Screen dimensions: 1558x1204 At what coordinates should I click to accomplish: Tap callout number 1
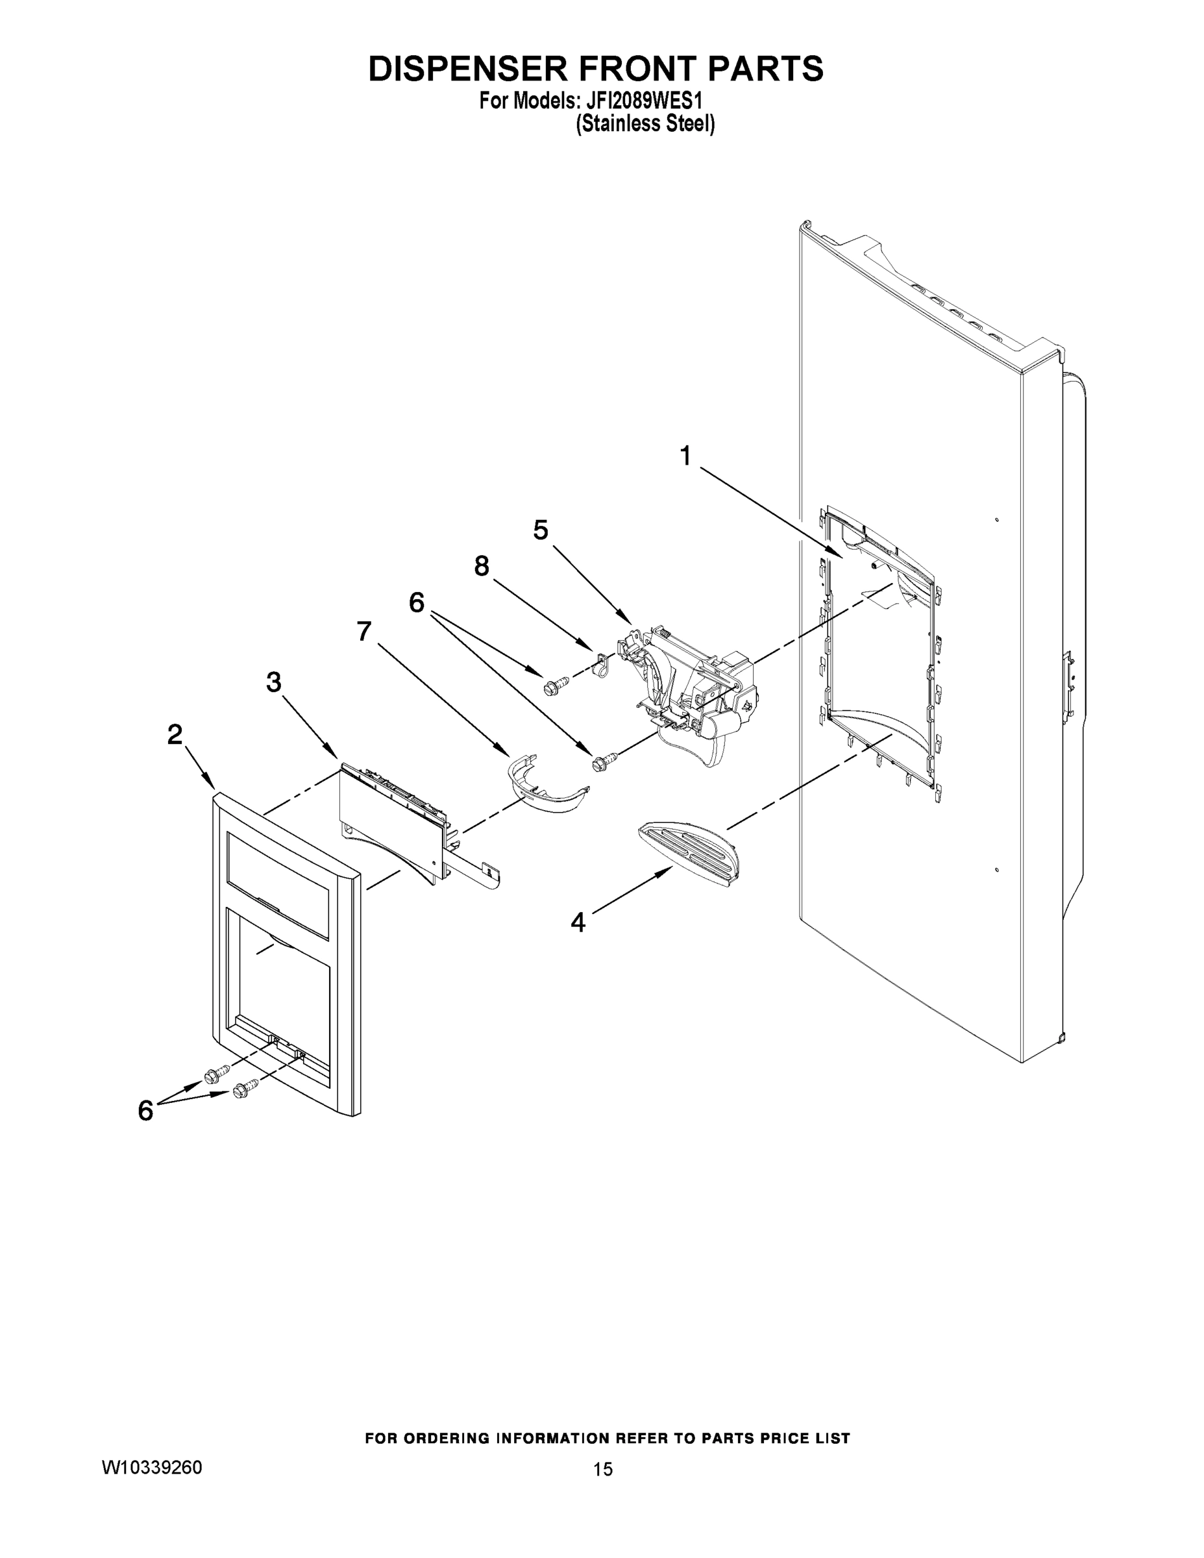tap(685, 456)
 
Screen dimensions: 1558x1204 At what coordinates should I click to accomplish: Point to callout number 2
tap(175, 735)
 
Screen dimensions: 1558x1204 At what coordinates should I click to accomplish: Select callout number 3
tap(274, 683)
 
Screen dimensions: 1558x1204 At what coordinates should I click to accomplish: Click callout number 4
tap(578, 922)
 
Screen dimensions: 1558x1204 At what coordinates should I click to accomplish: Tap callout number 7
tap(363, 632)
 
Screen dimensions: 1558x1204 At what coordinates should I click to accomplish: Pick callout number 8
tap(482, 567)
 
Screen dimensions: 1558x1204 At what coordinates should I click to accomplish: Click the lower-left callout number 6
tap(145, 1110)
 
